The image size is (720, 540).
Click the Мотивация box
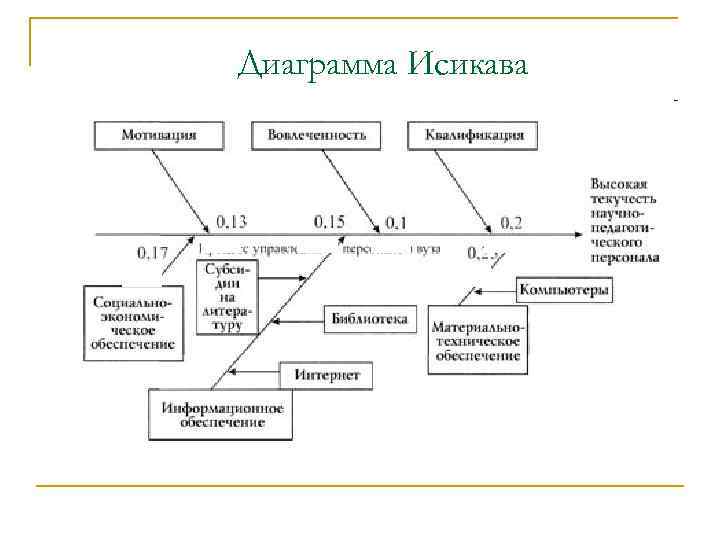158,134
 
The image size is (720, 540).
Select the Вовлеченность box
317,134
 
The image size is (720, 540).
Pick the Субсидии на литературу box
228,297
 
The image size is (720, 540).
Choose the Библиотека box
369,320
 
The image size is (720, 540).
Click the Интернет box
333,375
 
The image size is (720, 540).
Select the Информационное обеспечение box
221,415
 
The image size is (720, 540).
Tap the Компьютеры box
563,290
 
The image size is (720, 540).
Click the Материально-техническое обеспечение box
477,341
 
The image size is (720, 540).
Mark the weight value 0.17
152,253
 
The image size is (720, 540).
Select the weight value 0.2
511,222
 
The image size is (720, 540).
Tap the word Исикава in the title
467,66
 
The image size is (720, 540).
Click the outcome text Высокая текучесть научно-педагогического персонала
624,220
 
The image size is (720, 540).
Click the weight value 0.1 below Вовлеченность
397,221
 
